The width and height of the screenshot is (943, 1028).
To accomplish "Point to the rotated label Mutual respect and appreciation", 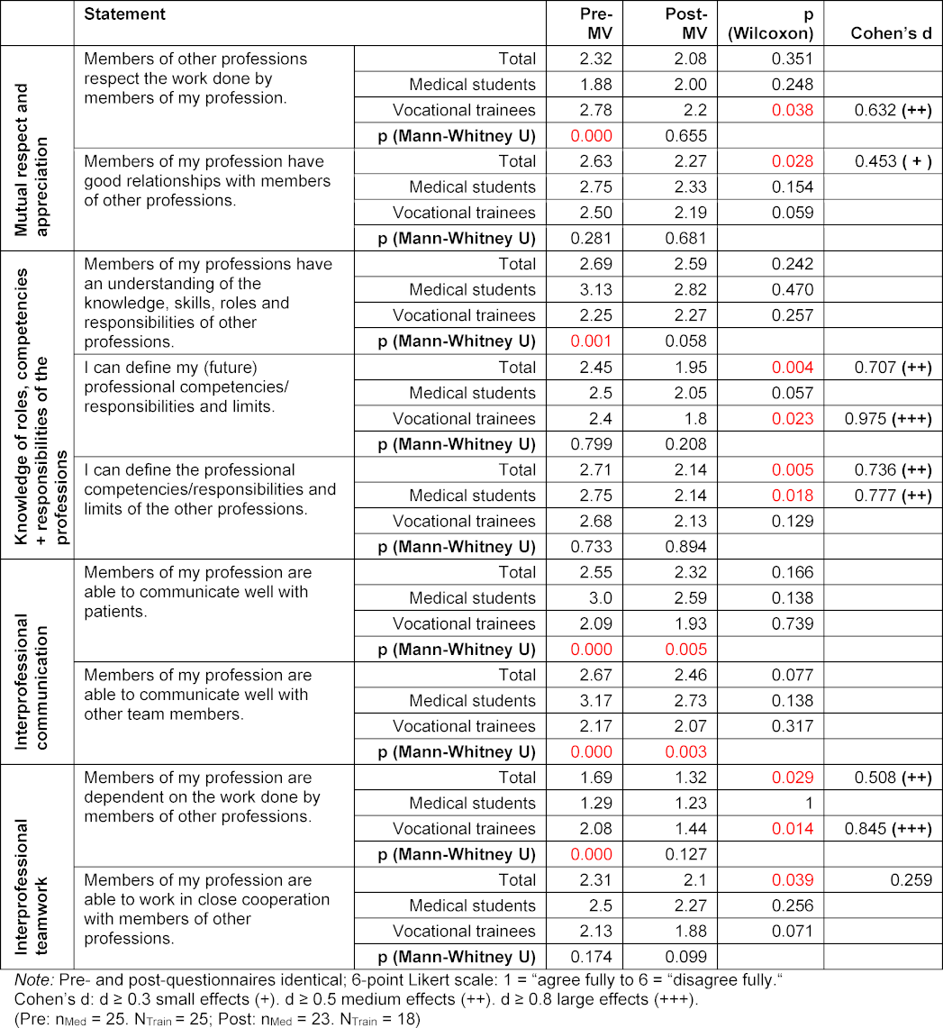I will (35, 148).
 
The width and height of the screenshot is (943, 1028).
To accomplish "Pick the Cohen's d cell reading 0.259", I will (912, 880).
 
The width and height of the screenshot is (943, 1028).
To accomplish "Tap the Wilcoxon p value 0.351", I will (793, 59).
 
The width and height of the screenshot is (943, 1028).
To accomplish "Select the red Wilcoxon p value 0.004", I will (793, 368).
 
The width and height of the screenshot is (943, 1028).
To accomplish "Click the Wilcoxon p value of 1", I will (808, 803).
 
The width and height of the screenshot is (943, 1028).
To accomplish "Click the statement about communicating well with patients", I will (197, 591).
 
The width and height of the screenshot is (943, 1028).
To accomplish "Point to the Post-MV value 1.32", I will (688, 778).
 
